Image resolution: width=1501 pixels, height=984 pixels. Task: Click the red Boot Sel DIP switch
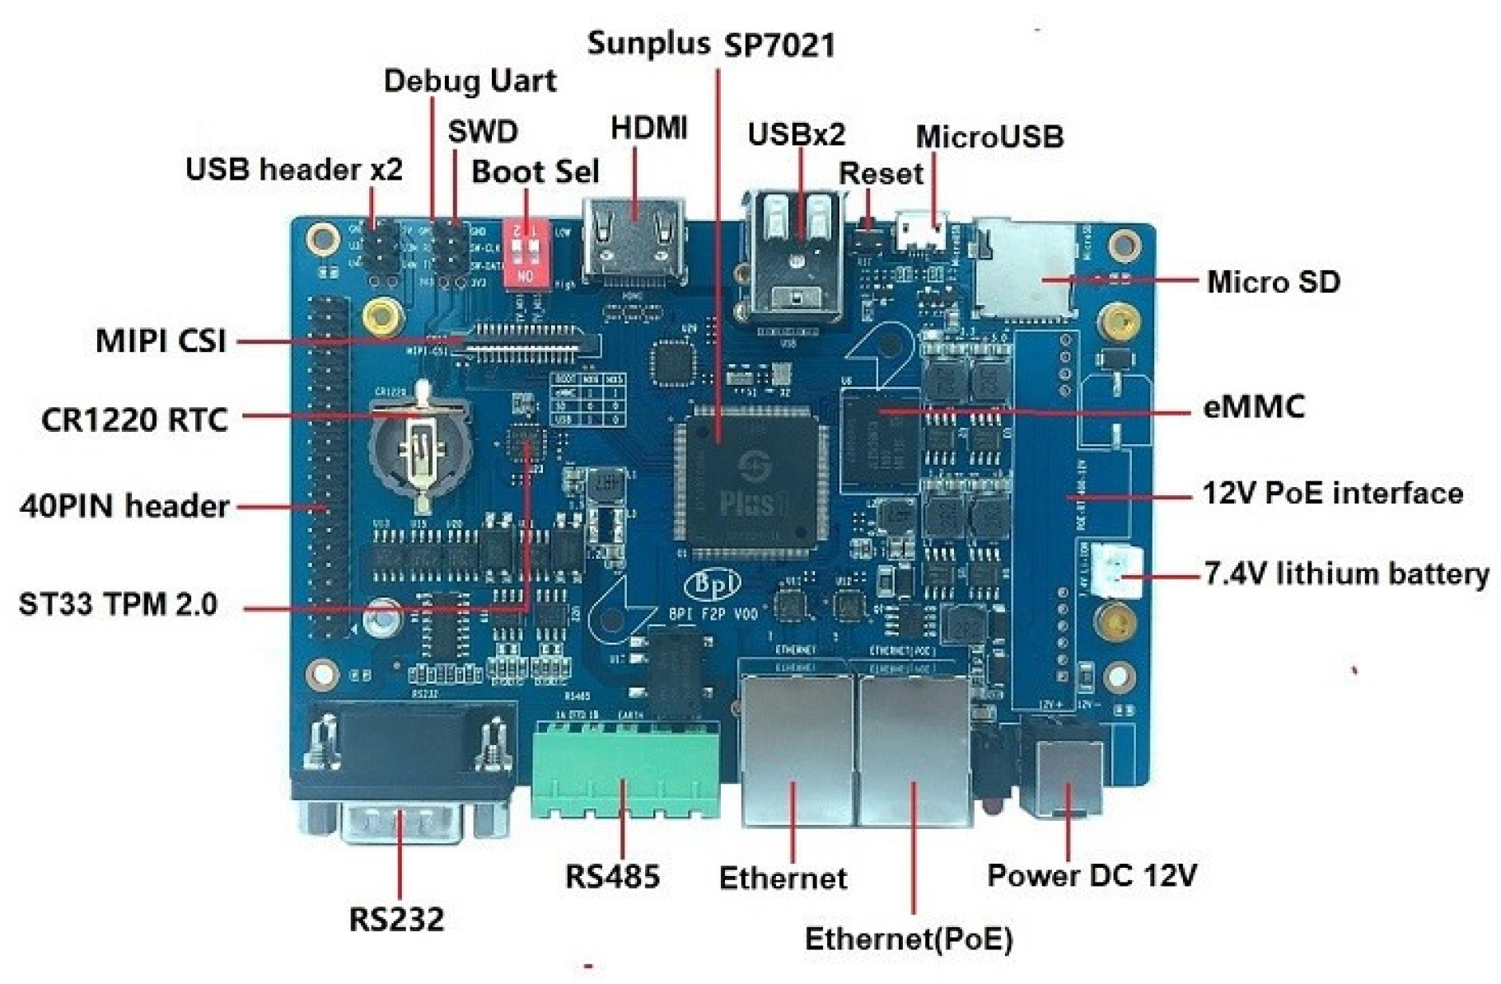[526, 251]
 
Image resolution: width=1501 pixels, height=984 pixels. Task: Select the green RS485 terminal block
[624, 771]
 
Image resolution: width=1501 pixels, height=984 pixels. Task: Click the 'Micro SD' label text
[1273, 282]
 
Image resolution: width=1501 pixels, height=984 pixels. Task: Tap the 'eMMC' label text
[1254, 407]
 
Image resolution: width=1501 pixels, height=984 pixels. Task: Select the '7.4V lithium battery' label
[1346, 574]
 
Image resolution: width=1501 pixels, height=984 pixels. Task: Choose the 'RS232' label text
[396, 919]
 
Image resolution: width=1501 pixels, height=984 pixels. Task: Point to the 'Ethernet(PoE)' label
[908, 939]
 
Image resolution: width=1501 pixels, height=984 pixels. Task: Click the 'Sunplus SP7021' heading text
[711, 44]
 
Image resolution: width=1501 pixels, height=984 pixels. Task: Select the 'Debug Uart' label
[470, 81]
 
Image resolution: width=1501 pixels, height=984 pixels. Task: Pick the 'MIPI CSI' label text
[161, 340]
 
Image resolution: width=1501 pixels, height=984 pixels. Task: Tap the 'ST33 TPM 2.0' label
[118, 604]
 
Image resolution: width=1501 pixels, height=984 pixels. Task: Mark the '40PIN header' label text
[124, 505]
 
